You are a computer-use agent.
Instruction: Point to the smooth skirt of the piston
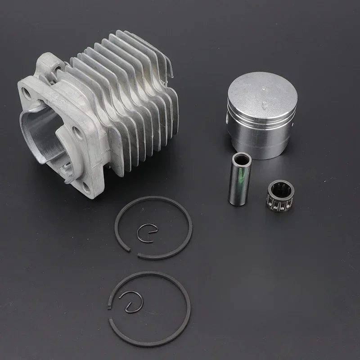point(261,144)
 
